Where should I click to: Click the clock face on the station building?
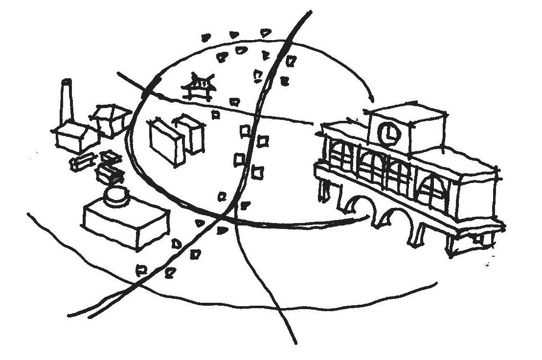(388, 134)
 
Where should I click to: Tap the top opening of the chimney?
(66, 83)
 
